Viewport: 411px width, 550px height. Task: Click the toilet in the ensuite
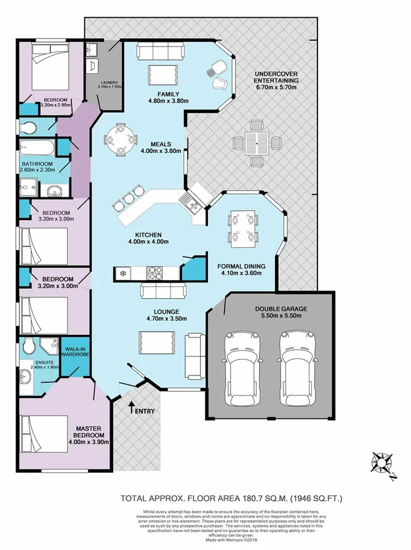tap(28, 348)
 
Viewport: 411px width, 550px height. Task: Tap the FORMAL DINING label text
tap(241, 267)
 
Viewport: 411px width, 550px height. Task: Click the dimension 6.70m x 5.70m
tap(276, 88)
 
